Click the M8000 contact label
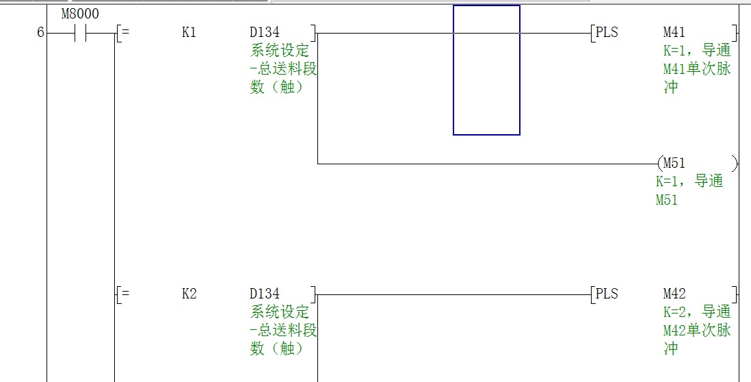tap(81, 14)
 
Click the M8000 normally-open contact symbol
tap(81, 32)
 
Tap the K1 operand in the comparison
tap(189, 32)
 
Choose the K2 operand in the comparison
tap(189, 294)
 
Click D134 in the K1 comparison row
tap(265, 32)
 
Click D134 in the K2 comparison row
tap(265, 294)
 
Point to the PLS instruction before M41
tap(607, 32)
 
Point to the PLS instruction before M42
tap(607, 294)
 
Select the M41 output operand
tap(674, 32)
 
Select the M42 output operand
tap(674, 294)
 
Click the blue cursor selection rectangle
tap(486, 70)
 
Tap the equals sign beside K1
tap(125, 32)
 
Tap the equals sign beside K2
tap(125, 294)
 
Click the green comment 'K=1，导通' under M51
tap(689, 182)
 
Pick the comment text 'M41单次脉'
tap(697, 69)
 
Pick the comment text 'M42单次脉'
tap(697, 331)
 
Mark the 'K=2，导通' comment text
tap(697, 312)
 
